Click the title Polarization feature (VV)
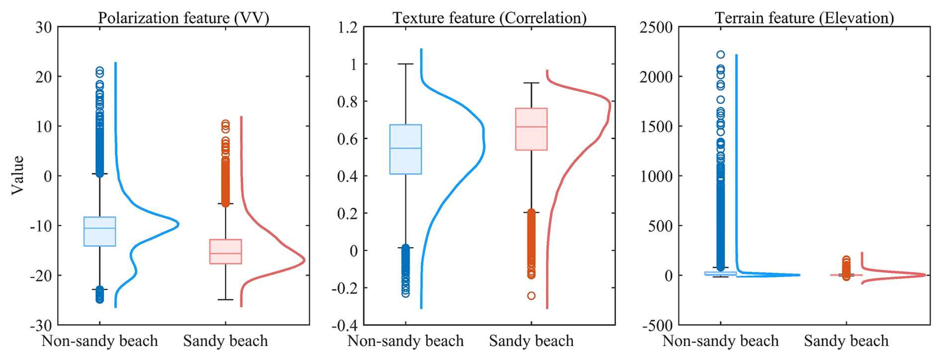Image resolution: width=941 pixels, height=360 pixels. pos(184,18)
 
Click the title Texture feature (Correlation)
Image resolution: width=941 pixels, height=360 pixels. pos(489,18)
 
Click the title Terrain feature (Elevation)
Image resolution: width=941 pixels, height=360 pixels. pos(804,18)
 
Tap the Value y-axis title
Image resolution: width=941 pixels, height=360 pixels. pos(18,175)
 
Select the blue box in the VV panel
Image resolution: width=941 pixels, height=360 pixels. pos(99,231)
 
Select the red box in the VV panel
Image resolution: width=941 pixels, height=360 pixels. pos(225,252)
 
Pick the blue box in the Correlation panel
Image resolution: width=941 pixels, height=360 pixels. pos(405,149)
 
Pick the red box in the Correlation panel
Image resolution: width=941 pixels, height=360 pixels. pos(531,129)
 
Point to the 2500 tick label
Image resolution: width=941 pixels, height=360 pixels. pos(656,27)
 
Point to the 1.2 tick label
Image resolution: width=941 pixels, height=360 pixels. pos(348,27)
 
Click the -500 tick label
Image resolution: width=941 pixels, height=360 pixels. pos(657,326)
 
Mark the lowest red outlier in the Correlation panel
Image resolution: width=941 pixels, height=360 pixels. pos(531,296)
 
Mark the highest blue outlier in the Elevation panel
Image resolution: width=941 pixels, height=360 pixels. pos(720,55)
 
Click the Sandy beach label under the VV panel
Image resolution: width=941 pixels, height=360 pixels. pos(225,341)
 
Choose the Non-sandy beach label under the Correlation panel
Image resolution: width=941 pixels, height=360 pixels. pos(405,341)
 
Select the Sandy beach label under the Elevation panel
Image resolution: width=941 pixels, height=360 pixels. pos(846,341)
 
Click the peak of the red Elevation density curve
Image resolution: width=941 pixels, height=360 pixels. pos(925,275)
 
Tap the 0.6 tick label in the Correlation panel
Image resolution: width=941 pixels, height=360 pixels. pos(348,139)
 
